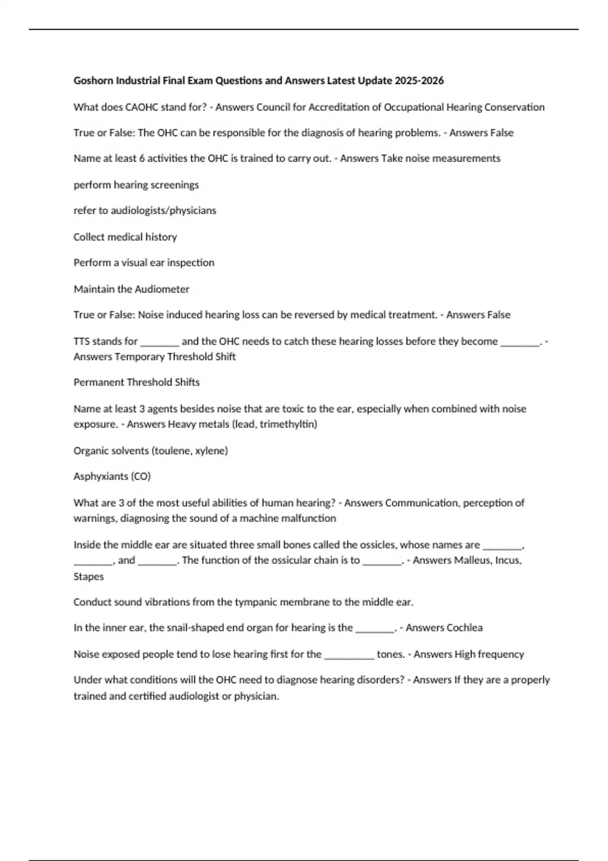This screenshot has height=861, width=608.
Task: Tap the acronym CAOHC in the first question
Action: click(x=141, y=107)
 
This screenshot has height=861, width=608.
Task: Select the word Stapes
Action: click(x=89, y=577)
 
